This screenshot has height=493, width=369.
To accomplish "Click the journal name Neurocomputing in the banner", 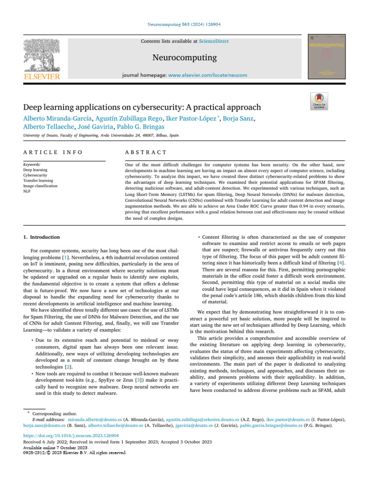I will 184,58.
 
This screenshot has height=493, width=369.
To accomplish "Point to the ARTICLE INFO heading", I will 53,153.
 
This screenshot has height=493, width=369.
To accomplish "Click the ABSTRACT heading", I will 146,153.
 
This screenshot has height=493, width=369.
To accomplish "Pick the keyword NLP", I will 27,191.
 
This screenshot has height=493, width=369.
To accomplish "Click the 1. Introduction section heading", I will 42,237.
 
